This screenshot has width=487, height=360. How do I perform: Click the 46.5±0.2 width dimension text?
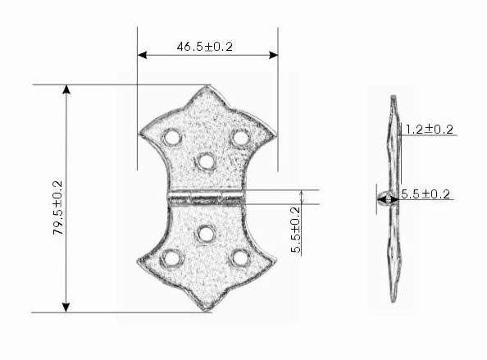(x=205, y=47)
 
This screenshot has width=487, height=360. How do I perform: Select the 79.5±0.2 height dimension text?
(x=57, y=207)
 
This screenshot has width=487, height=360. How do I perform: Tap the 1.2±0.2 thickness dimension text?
(x=430, y=130)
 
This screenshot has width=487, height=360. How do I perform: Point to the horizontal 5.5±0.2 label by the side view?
(x=426, y=194)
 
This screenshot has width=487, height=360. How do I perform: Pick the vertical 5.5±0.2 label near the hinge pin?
(x=296, y=230)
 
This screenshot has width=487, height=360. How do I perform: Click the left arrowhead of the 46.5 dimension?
(x=142, y=55)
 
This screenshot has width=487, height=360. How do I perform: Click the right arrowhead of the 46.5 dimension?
(x=273, y=55)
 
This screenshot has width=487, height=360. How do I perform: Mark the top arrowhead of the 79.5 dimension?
(x=66, y=89)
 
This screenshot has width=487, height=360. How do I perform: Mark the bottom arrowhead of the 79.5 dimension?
(x=66, y=308)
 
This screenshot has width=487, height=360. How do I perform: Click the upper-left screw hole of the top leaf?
(x=171, y=137)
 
